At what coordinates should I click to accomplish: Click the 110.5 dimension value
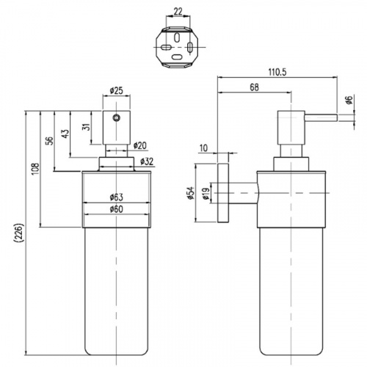tap(277, 72)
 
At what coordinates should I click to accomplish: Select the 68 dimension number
tap(254, 87)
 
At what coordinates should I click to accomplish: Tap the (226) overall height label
tap(19, 233)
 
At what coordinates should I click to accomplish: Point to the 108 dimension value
tap(35, 169)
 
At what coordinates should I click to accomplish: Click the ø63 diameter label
tap(117, 197)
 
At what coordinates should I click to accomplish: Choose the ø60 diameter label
tap(117, 209)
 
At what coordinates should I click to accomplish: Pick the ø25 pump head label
tap(116, 91)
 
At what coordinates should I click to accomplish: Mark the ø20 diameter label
tap(140, 146)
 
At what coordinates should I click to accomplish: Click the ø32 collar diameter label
tap(147, 161)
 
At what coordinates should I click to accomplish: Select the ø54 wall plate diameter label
tap(191, 193)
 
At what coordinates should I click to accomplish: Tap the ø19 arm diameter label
tap(206, 194)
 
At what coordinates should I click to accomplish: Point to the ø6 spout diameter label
tap(349, 100)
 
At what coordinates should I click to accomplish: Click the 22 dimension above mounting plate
tap(178, 12)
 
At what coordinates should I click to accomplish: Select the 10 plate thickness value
tap(203, 148)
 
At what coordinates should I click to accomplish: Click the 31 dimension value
tap(87, 126)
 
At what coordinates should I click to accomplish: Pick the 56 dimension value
tap(50, 141)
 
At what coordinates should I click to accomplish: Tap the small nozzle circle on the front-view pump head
tap(117, 118)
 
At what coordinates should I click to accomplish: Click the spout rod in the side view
tap(321, 117)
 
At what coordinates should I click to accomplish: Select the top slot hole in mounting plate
tap(177, 37)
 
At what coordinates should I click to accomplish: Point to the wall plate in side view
tap(223, 193)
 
